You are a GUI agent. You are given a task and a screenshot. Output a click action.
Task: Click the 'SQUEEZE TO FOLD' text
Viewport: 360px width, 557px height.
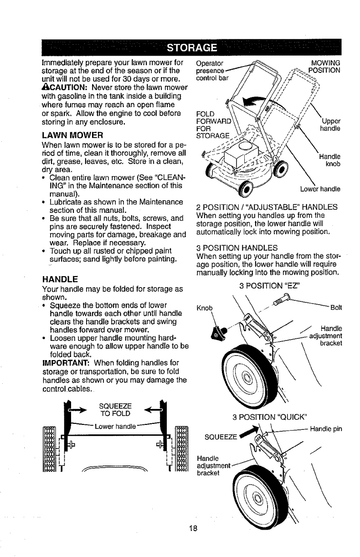pos(115,410)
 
